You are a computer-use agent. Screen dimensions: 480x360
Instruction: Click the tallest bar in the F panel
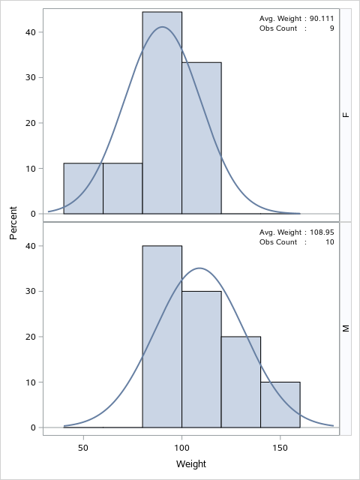click(162, 112)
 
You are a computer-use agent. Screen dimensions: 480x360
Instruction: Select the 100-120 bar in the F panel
click(201, 138)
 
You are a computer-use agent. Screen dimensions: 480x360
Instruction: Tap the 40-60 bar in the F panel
click(83, 188)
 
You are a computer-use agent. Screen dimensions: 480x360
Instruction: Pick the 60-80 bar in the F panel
click(122, 188)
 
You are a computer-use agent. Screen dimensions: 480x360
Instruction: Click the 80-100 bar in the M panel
click(162, 337)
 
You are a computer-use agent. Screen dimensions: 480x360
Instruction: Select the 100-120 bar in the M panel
click(201, 359)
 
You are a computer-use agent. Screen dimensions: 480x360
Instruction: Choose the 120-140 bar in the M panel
click(241, 382)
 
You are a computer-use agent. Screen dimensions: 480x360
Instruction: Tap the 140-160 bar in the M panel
click(280, 405)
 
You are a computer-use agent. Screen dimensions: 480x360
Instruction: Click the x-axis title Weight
click(191, 464)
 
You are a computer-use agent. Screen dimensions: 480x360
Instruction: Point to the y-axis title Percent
click(13, 223)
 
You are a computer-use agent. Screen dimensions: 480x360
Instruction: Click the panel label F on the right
click(346, 115)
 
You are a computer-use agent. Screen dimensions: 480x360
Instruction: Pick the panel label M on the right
click(346, 328)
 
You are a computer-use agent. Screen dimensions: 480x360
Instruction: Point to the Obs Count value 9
click(331, 28)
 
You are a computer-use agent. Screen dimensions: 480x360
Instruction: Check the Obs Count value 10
click(329, 242)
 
